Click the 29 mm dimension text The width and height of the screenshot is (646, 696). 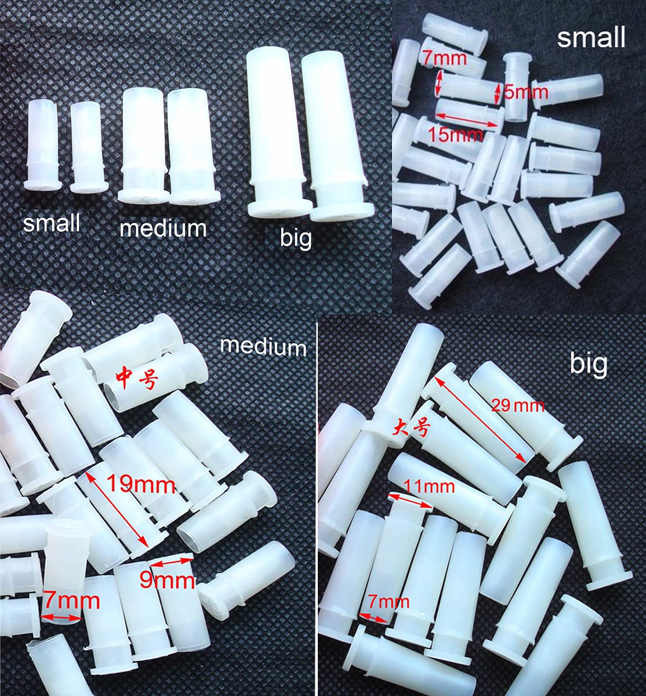pyautogui.click(x=518, y=405)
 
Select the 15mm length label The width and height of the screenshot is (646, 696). pyautogui.click(x=455, y=135)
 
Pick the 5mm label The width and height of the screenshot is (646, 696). pyautogui.click(x=525, y=92)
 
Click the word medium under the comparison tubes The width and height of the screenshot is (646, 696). pyautogui.click(x=163, y=228)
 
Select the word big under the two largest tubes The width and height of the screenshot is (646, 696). pyautogui.click(x=296, y=237)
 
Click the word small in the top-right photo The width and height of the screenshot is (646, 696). pyautogui.click(x=591, y=38)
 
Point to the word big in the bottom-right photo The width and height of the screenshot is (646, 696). pyautogui.click(x=589, y=364)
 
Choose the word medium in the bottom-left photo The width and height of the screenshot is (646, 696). pyautogui.click(x=263, y=346)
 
